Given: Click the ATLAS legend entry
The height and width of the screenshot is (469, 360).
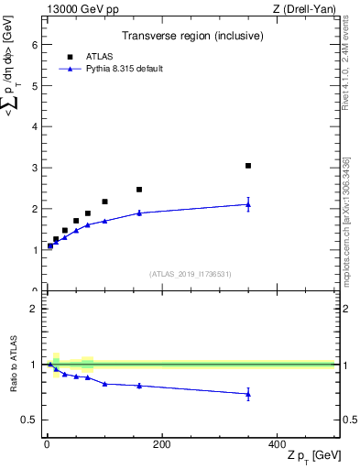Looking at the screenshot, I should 98,56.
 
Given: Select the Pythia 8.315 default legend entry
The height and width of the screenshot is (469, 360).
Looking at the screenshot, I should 118,68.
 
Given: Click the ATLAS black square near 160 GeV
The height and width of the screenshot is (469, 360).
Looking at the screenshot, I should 139,190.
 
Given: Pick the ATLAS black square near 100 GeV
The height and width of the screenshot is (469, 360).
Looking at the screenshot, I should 104,202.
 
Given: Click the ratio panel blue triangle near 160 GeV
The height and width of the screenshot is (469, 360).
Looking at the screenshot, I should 139,386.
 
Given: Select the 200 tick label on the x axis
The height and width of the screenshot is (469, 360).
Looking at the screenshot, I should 161,445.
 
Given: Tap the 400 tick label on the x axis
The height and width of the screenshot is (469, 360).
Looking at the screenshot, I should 277,445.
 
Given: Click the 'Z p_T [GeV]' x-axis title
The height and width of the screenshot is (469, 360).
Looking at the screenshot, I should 313,456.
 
